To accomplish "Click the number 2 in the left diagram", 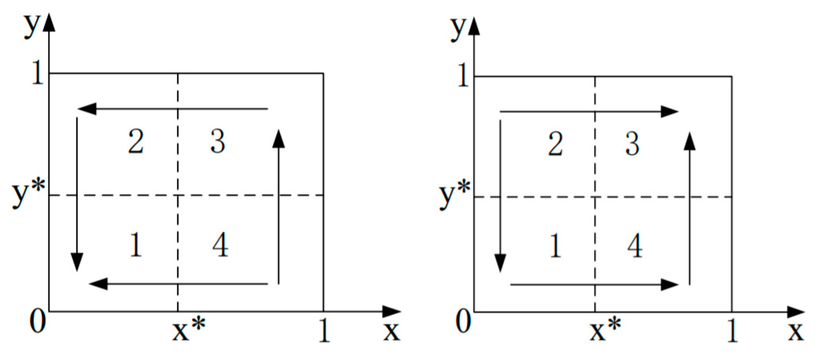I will click(x=136, y=142).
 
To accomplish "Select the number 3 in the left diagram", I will click(x=218, y=142).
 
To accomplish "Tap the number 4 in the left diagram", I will click(x=220, y=245).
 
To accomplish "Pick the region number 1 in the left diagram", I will click(x=136, y=245).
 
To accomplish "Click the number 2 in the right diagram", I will click(x=555, y=144).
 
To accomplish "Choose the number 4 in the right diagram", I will click(x=635, y=246).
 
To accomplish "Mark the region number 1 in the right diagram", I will click(x=555, y=246).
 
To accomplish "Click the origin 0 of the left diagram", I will click(x=37, y=321).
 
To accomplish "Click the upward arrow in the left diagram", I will click(x=278, y=206).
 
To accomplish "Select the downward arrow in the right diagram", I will click(x=500, y=196).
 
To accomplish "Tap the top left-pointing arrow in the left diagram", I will click(x=173, y=109).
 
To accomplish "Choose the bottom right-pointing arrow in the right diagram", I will click(x=594, y=285).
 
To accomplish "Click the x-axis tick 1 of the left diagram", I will click(x=324, y=330).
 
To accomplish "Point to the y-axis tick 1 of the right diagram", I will click(x=463, y=75).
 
